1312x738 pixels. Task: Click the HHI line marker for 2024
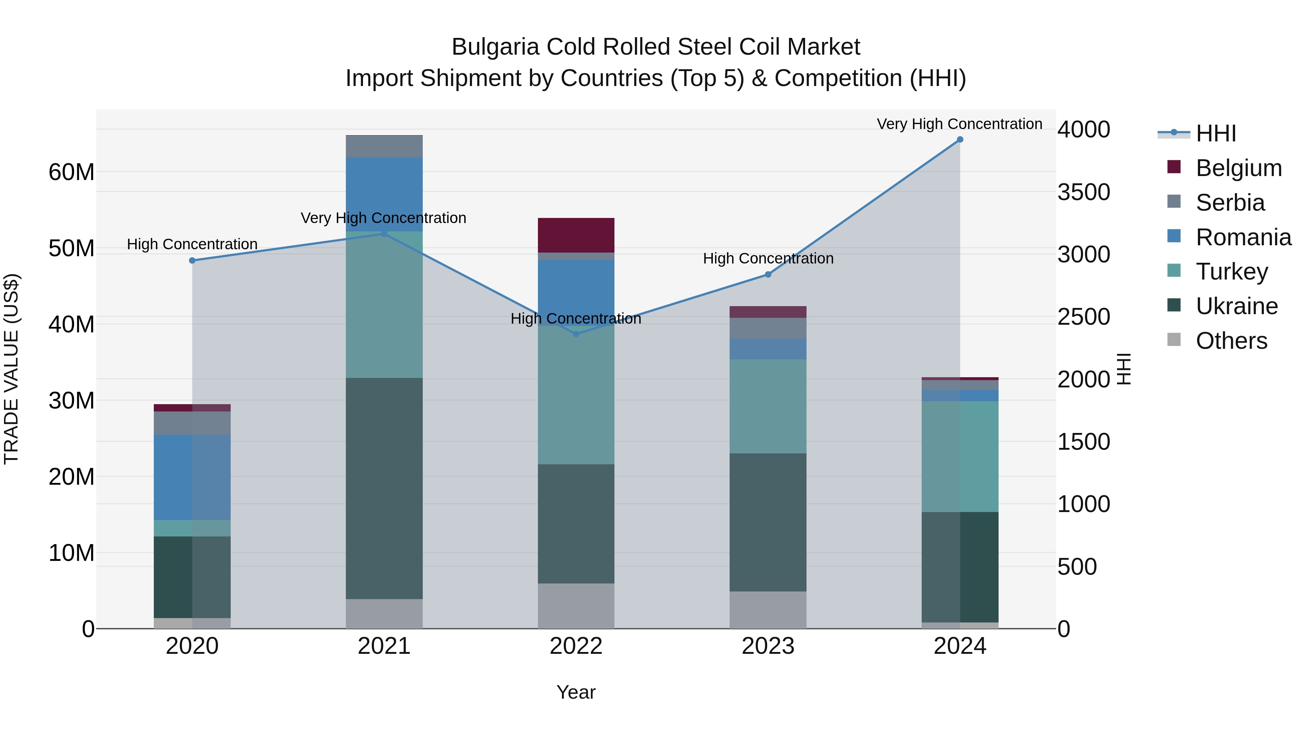point(960,140)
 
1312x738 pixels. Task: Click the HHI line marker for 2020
point(192,261)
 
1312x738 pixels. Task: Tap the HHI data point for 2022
point(576,335)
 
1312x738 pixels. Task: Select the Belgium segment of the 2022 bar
point(576,235)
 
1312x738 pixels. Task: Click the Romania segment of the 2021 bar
point(384,194)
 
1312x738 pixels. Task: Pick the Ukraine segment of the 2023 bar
point(768,522)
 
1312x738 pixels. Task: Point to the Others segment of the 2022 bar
point(576,606)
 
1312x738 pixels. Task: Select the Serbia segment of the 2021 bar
point(384,147)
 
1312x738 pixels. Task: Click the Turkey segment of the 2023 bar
point(768,406)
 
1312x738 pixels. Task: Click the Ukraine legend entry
point(1236,306)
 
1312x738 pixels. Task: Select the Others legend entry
point(1231,341)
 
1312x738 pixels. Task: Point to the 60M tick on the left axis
point(71,172)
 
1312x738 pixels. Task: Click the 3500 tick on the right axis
point(1083,192)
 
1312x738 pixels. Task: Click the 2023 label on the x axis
point(768,646)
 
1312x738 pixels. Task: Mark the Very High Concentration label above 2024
point(959,124)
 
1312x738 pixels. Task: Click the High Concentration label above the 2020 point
point(192,245)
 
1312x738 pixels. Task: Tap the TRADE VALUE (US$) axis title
point(11,369)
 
